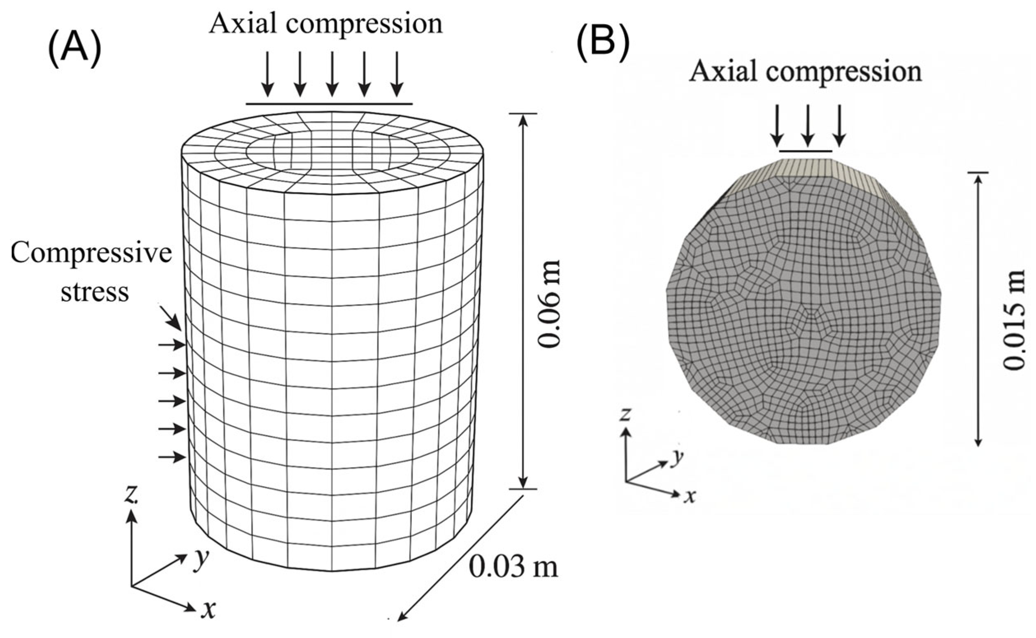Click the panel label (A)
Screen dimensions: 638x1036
75,49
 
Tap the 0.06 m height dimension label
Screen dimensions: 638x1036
550,303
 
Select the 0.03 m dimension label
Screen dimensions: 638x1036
513,568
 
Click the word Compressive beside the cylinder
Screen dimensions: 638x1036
91,254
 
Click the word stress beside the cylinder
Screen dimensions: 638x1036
95,291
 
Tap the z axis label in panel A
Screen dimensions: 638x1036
131,496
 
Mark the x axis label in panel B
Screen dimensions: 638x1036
689,496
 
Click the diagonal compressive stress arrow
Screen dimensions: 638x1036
171,317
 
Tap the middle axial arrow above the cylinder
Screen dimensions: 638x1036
332,74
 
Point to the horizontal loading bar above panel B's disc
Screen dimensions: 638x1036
805,151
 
